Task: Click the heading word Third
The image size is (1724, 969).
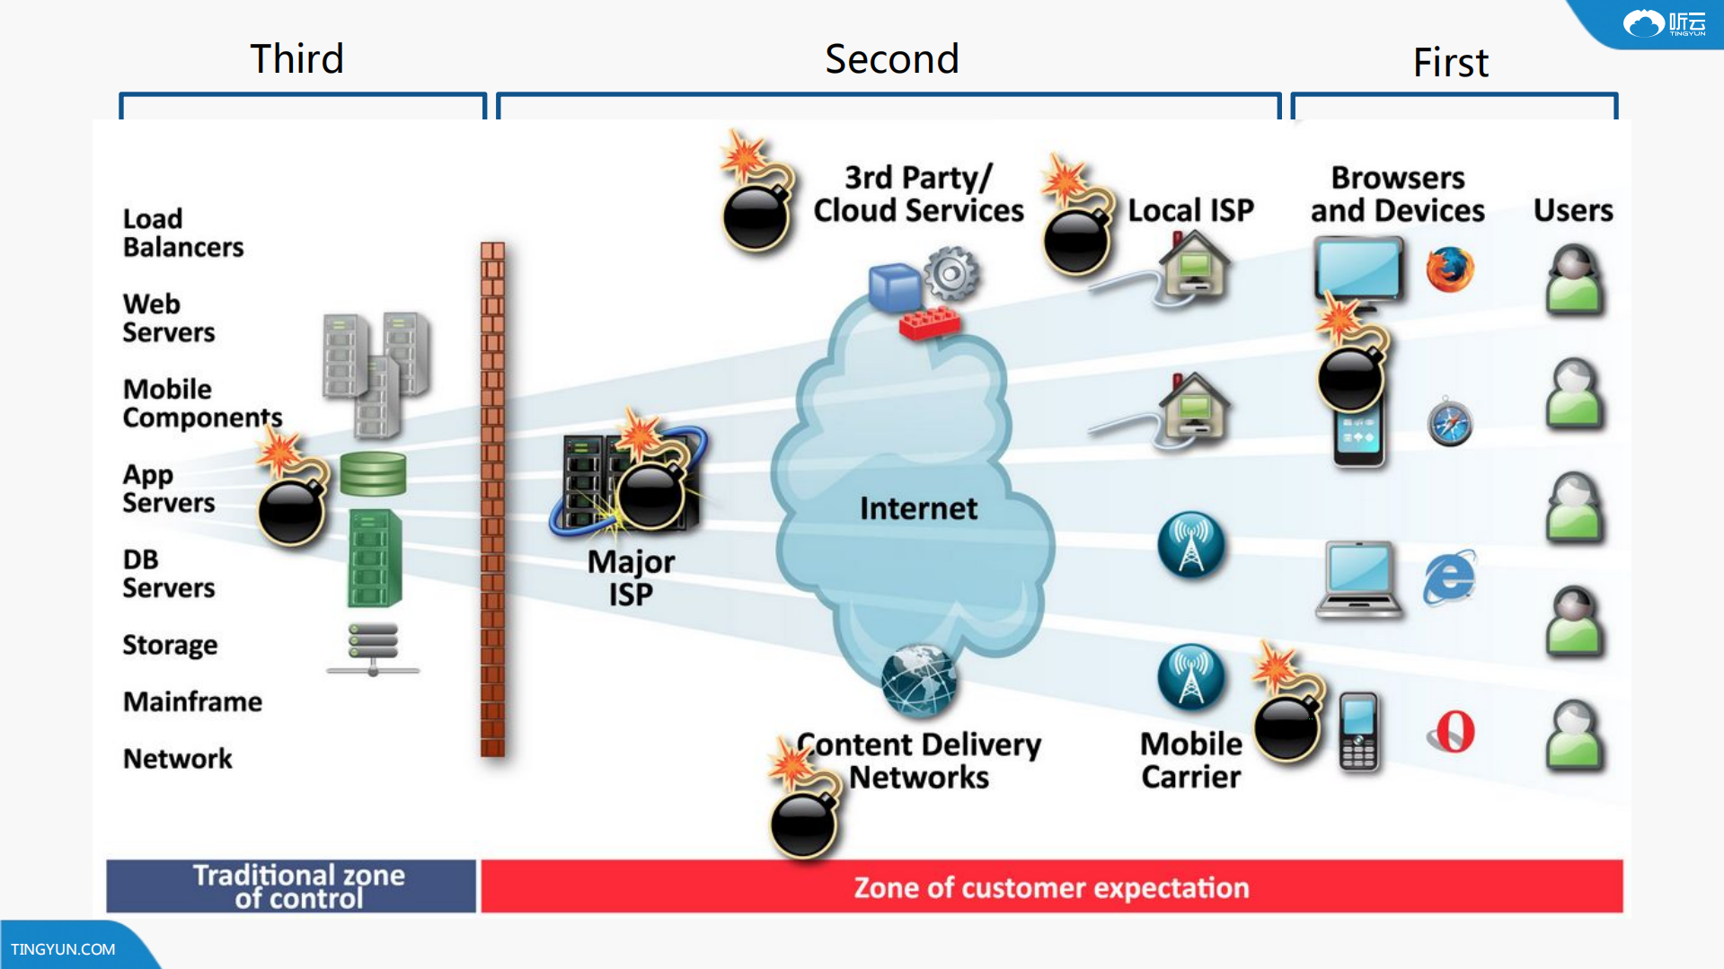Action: (x=296, y=59)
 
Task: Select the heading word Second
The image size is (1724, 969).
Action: (x=891, y=59)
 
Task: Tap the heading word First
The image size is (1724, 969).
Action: (x=1450, y=63)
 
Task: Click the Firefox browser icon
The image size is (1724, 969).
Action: (x=1449, y=269)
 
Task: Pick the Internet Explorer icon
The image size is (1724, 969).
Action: (x=1448, y=577)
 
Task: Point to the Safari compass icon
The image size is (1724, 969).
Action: (x=1449, y=422)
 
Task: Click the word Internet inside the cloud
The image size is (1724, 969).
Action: (x=918, y=509)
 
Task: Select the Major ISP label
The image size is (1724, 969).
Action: (x=631, y=577)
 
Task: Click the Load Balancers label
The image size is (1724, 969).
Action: (x=182, y=233)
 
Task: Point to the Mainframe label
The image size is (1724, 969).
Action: (x=192, y=701)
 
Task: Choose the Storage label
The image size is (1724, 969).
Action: (x=170, y=645)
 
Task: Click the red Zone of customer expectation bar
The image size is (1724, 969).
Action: (x=1051, y=887)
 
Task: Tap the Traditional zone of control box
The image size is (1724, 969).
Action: (x=291, y=886)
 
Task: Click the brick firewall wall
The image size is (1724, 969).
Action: (x=492, y=498)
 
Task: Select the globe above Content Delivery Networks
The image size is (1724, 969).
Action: (x=918, y=681)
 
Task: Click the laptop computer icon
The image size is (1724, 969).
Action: (x=1358, y=579)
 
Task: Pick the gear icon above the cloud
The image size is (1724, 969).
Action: (x=951, y=273)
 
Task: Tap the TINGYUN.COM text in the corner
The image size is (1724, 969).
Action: (x=63, y=949)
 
